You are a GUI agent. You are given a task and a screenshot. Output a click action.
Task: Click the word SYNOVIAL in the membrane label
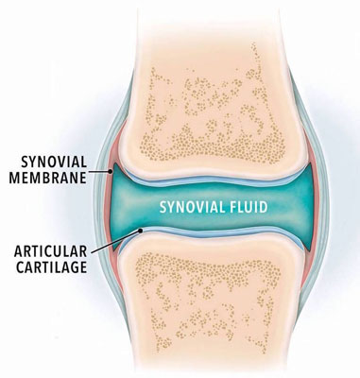54,163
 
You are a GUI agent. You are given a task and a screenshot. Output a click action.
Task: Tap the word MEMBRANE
47,178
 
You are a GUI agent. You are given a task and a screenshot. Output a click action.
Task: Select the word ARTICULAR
50,251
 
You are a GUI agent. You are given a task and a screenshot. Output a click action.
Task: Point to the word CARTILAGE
52,267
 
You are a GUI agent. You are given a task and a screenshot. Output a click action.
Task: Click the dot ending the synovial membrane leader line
111,171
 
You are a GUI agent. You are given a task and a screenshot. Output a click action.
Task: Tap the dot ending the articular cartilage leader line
141,231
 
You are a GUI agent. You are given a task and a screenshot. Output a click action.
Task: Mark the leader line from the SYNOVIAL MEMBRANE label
99,172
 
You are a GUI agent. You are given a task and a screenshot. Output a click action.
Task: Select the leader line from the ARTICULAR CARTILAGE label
115,242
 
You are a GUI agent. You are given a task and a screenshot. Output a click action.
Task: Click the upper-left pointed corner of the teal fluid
114,163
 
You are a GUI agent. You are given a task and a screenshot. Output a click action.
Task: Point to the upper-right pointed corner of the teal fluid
312,163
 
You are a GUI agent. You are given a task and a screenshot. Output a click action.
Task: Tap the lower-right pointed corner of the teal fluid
310,251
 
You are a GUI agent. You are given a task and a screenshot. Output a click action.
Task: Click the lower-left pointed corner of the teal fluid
113,250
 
